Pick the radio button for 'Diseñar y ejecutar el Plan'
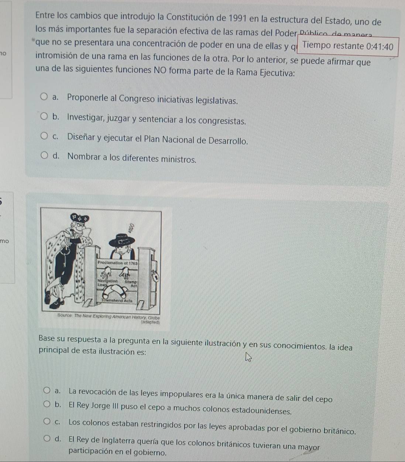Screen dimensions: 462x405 coord(44,137)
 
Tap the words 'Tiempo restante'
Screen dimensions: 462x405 coord(333,46)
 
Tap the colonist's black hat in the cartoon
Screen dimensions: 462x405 coord(122,240)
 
